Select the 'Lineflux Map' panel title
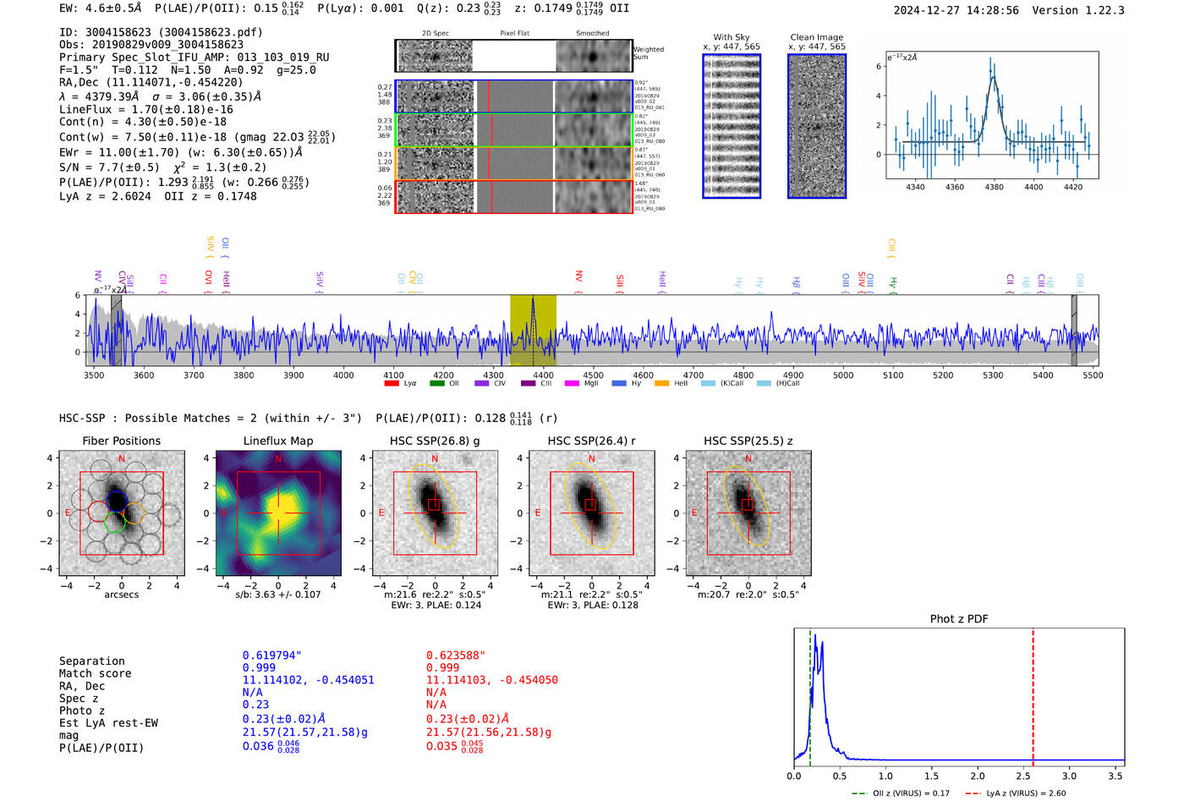pos(277,441)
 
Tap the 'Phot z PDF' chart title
pos(959,619)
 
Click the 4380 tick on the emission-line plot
pos(994,187)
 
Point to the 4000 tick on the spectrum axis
pos(343,375)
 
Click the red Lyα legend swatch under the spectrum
pos(392,383)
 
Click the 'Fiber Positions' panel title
pos(121,441)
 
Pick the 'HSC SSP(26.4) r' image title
pos(591,441)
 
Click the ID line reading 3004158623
pos(161,32)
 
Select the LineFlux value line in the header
pos(145,110)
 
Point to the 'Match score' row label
pos(95,674)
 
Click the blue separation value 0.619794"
pos(272,655)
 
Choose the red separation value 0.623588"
pos(456,655)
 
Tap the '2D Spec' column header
pos(435,34)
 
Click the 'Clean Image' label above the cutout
pos(816,37)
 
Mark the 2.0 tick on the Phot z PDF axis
pos(978,776)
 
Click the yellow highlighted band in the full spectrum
pos(533,330)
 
